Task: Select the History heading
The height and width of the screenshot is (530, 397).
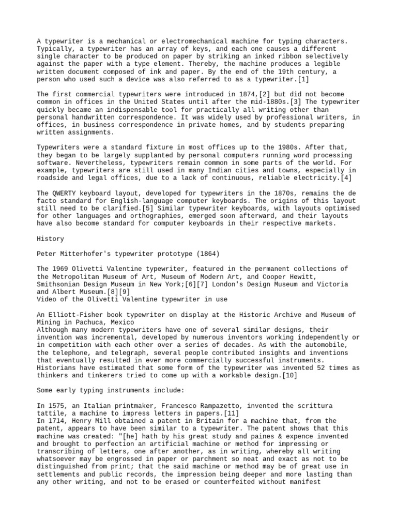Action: [50, 239]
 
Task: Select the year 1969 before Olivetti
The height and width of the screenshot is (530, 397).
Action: [63, 269]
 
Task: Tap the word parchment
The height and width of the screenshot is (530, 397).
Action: [189, 459]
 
